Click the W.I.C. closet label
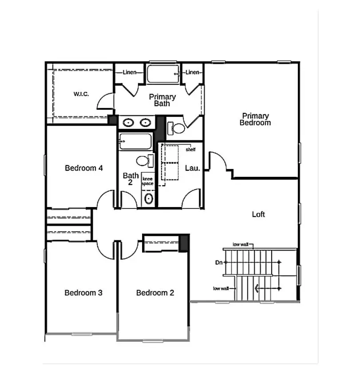pos(82,94)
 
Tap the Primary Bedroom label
pos(255,120)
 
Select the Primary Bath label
pos(162,100)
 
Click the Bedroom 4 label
pos(84,168)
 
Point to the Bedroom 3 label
pos(83,293)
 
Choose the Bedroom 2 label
pos(155,293)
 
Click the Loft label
pos(258,214)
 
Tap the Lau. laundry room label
pos(192,168)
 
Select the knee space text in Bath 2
pos(148,181)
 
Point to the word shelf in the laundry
pos(191,149)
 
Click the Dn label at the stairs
pos(219,263)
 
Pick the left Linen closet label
pos(130,72)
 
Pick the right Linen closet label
pos(192,72)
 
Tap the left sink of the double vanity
pos(128,122)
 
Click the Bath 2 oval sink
pos(148,198)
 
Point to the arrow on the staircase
pos(257,288)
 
